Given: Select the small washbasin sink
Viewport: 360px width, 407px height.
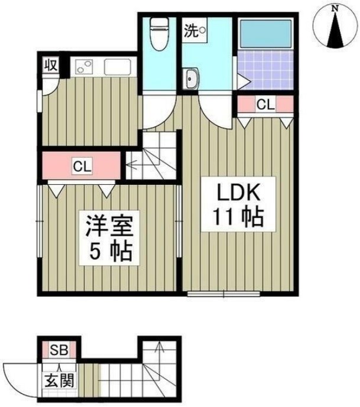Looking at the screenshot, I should [193, 79].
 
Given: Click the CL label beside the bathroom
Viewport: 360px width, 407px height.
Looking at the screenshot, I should [265, 105].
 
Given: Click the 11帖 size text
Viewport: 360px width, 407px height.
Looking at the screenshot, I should [233, 220].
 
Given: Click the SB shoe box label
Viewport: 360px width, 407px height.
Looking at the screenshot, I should [57, 350].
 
